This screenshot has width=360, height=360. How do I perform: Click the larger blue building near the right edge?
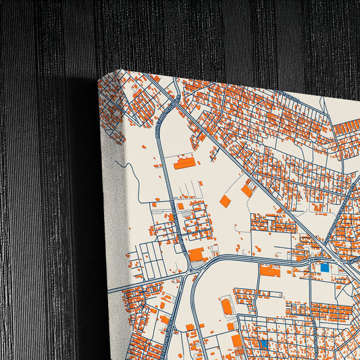tap(325, 267)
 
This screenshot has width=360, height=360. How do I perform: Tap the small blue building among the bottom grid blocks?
tap(263, 344)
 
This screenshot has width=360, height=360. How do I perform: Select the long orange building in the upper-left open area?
tap(184, 163)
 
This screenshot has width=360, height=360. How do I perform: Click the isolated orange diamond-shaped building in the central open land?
tap(225, 201)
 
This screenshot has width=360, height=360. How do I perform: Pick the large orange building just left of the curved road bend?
tap(197, 255)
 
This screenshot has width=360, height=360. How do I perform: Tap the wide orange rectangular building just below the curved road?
tap(269, 271)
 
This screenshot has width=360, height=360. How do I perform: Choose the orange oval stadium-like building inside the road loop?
tap(227, 307)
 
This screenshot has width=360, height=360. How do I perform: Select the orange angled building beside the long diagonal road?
tap(247, 190)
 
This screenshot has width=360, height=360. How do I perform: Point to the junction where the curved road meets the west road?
tap(186, 273)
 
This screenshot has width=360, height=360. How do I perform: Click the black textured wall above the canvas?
tap(203, 34)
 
